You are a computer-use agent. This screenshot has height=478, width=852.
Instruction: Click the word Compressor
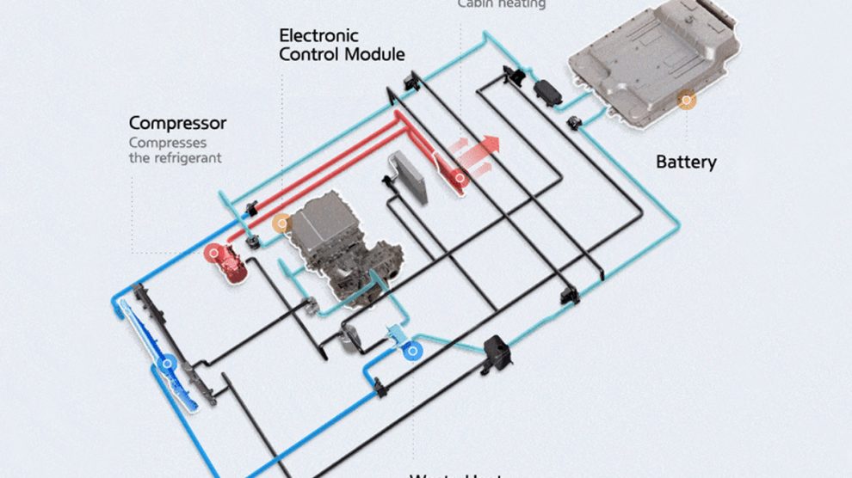[x=177, y=124]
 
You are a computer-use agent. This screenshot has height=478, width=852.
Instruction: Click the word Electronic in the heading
[x=318, y=36]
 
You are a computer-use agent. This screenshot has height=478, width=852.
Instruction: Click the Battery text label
[x=686, y=162]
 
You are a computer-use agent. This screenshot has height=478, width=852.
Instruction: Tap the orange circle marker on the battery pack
[x=686, y=101]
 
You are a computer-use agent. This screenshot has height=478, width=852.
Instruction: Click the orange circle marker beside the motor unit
[x=281, y=224]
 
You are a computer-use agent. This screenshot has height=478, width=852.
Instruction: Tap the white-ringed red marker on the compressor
[x=213, y=254]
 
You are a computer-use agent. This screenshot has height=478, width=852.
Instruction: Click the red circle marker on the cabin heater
[x=460, y=180]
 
